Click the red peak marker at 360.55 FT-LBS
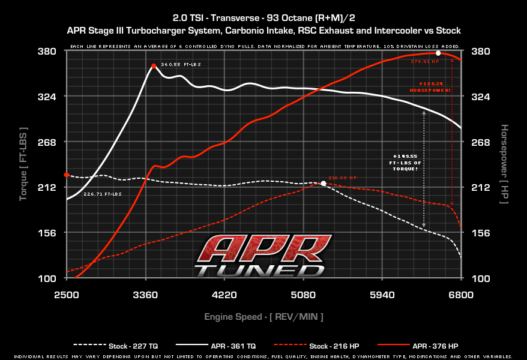154,66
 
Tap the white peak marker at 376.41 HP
438,53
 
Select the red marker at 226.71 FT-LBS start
67,175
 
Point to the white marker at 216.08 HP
323,183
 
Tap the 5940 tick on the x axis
382,295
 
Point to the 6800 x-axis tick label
460,295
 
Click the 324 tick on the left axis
47,97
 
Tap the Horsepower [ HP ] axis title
504,163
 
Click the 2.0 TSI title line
263,17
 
